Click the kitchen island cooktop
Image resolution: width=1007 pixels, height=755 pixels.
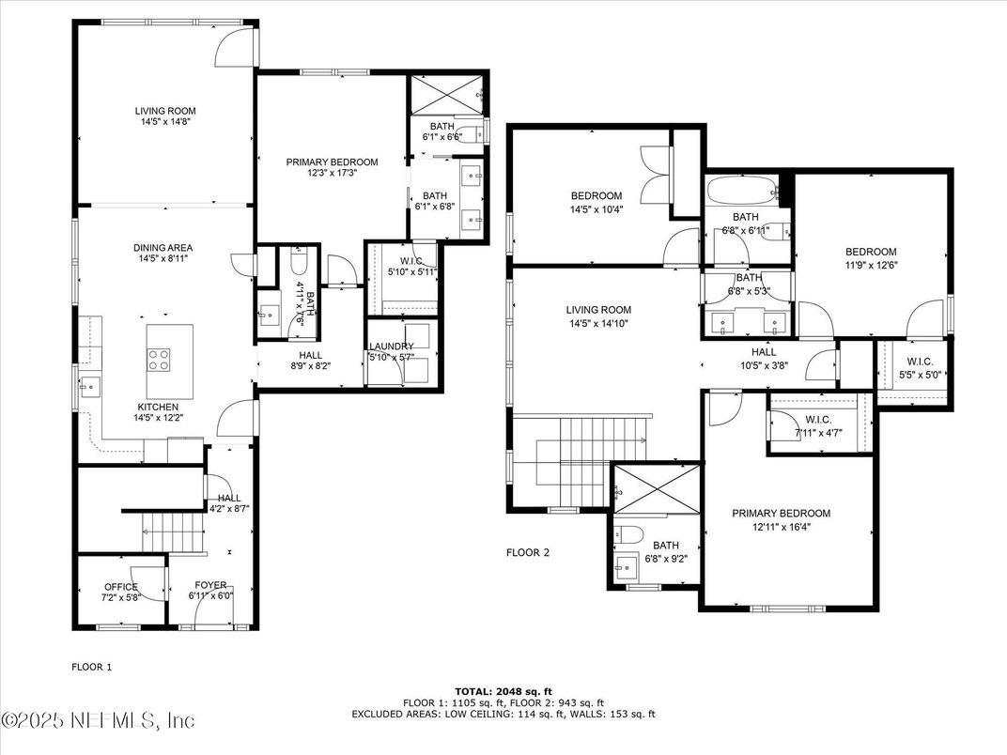[x=157, y=359]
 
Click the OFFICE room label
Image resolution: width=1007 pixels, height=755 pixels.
[x=120, y=587]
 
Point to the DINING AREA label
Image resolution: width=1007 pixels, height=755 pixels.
[x=163, y=248]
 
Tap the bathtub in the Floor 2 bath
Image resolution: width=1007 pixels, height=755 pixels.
[x=742, y=192]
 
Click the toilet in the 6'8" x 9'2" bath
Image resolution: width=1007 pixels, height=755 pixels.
[x=631, y=535]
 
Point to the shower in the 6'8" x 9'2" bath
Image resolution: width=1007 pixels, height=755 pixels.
[x=655, y=488]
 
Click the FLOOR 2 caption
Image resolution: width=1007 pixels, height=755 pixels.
[x=527, y=552]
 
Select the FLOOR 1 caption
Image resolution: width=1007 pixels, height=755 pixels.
[x=92, y=667]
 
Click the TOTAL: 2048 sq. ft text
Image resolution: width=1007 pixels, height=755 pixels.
[x=503, y=690]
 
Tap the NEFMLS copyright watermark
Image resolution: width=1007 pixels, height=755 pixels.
[x=99, y=720]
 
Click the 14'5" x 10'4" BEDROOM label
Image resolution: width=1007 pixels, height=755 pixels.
[x=596, y=196]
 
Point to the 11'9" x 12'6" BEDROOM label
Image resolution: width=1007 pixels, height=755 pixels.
[x=870, y=252]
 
